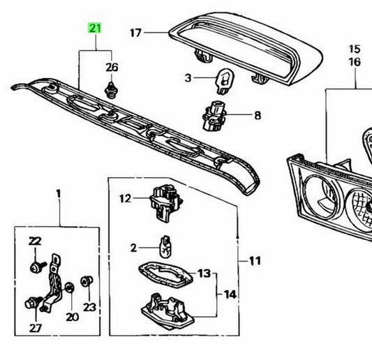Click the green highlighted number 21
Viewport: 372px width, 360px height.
click(95, 28)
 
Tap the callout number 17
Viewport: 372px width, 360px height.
click(135, 33)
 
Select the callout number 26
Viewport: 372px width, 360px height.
click(112, 68)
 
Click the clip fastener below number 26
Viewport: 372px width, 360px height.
click(111, 90)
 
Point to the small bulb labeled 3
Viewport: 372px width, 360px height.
click(225, 81)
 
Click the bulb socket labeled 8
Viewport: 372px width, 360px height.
click(214, 116)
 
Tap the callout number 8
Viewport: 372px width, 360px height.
click(258, 116)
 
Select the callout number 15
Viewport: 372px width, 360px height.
click(355, 49)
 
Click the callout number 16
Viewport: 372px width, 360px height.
click(355, 62)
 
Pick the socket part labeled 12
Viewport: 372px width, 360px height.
click(166, 204)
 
